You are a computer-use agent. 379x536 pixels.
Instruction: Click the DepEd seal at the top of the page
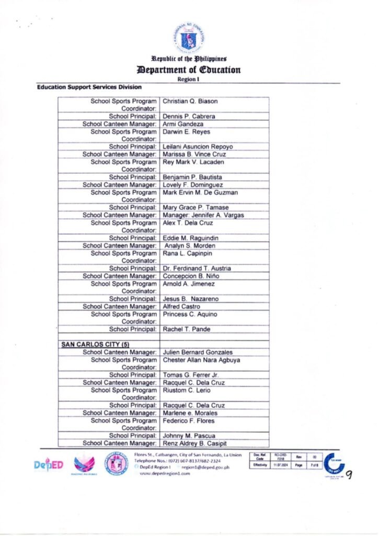(189, 37)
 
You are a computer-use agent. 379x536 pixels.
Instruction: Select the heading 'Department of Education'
(189, 70)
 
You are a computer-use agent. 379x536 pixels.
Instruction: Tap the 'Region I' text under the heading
(189, 80)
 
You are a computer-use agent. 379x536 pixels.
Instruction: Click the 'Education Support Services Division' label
(89, 87)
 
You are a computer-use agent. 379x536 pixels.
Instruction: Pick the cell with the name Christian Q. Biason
(190, 101)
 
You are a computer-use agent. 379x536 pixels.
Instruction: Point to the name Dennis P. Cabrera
(189, 116)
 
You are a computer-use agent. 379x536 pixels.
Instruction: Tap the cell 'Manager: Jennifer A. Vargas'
(203, 215)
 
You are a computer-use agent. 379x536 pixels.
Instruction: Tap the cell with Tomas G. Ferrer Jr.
(190, 375)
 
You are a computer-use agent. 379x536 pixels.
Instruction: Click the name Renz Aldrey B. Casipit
(195, 443)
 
